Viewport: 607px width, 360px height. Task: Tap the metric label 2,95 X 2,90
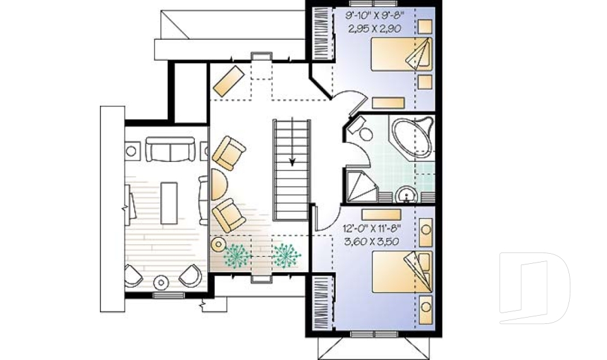(375, 28)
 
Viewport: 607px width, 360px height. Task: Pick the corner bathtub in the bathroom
(412, 138)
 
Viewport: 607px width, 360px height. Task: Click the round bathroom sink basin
(405, 194)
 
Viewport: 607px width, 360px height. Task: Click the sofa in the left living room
(170, 149)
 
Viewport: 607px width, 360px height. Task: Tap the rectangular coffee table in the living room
(169, 202)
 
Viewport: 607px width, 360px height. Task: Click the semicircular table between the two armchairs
(216, 185)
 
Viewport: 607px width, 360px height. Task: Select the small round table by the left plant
(218, 244)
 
